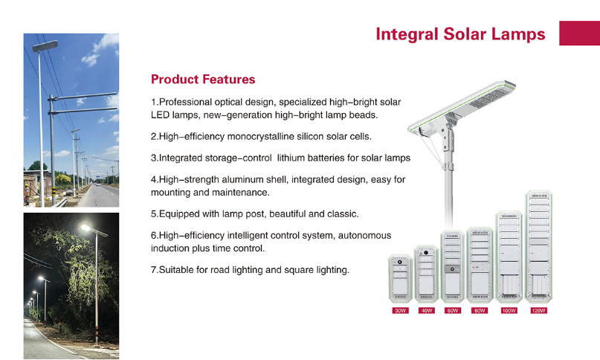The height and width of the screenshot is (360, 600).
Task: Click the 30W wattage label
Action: coord(400,310)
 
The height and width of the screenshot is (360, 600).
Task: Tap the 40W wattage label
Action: coord(426,310)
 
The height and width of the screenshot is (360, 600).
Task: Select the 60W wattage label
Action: coord(452,310)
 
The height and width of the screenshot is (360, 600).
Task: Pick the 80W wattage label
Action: coord(480,310)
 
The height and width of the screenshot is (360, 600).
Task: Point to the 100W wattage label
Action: coord(509,310)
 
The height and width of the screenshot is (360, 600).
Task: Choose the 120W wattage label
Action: coord(538,310)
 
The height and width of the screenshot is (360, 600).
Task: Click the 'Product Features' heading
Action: coord(203,80)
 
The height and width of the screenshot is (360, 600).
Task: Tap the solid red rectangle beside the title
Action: coord(579,33)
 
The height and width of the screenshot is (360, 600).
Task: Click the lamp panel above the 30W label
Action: coord(400,278)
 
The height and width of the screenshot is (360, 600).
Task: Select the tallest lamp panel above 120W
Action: coord(538,247)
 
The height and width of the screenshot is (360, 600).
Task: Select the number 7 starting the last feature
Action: coord(153,269)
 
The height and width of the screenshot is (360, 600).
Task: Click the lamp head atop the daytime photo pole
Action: coord(45,46)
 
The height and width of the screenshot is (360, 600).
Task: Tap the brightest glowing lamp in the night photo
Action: coord(86,228)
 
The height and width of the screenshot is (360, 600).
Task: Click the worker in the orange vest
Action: coord(27,194)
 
